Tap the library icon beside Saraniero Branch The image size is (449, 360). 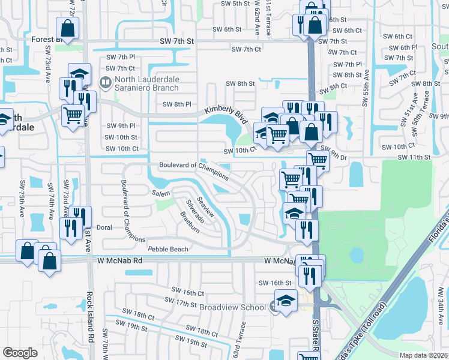point(106,82)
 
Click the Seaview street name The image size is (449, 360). point(206,209)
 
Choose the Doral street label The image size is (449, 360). point(104,228)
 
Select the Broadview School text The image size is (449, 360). point(232,307)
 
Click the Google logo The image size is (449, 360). point(20,353)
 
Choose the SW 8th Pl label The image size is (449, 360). point(177,104)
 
